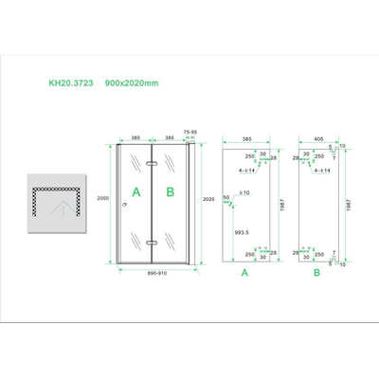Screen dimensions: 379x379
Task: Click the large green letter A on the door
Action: click(136, 191)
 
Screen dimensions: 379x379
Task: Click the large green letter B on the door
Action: click(171, 191)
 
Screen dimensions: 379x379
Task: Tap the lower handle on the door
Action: click(152, 244)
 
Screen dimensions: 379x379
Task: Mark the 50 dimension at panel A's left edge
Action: click(225, 197)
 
